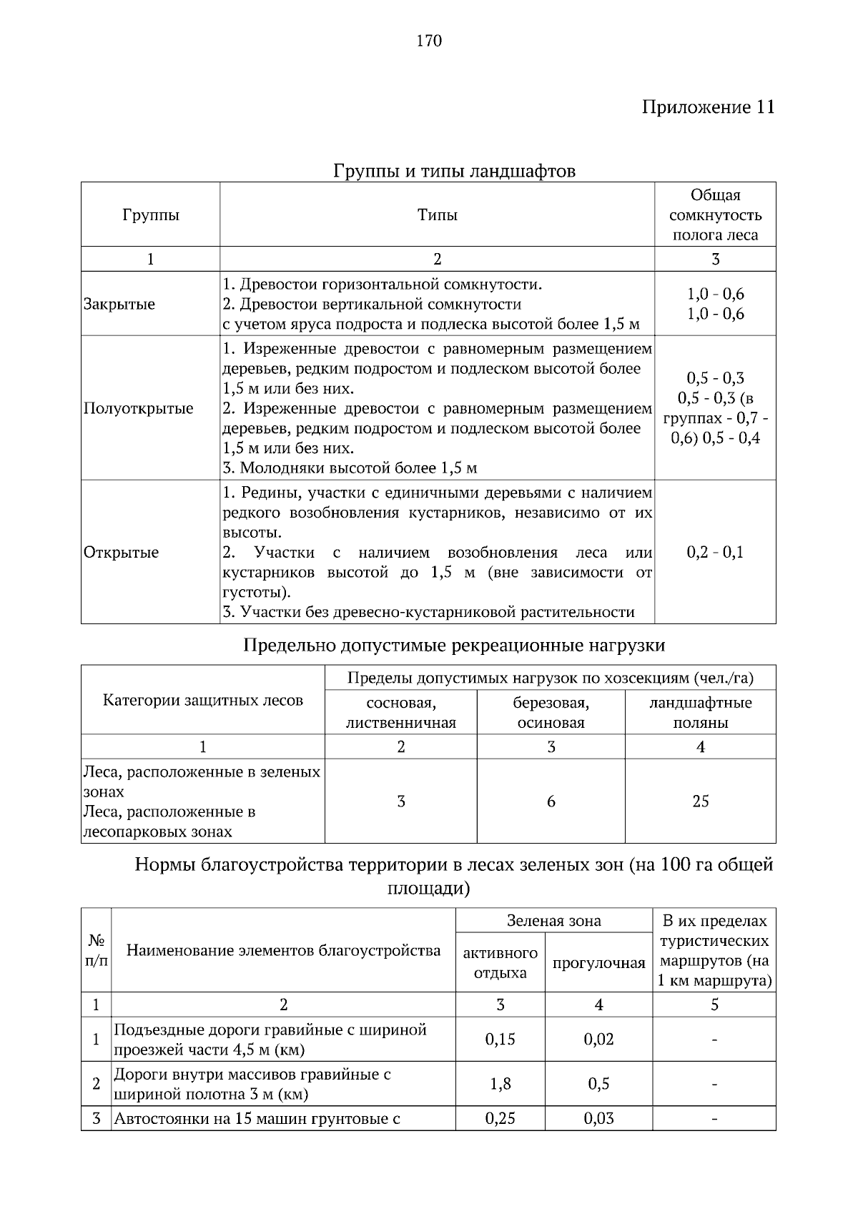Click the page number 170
(429, 41)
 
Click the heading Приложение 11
(707, 107)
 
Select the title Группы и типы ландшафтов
(454, 172)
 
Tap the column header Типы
(437, 215)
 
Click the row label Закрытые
(119, 305)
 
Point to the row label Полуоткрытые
(138, 409)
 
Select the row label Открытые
(121, 553)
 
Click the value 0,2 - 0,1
(714, 553)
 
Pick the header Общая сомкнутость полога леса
(714, 215)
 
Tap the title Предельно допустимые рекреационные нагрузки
(454, 646)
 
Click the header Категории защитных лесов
(203, 701)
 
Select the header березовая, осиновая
(551, 713)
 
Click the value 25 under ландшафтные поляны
(700, 801)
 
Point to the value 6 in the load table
(551, 801)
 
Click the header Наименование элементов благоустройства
(283, 950)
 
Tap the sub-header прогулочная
(598, 963)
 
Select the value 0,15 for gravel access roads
(500, 1040)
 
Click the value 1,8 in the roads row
(500, 1085)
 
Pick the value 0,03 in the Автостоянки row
(598, 1119)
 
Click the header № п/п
(96, 950)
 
